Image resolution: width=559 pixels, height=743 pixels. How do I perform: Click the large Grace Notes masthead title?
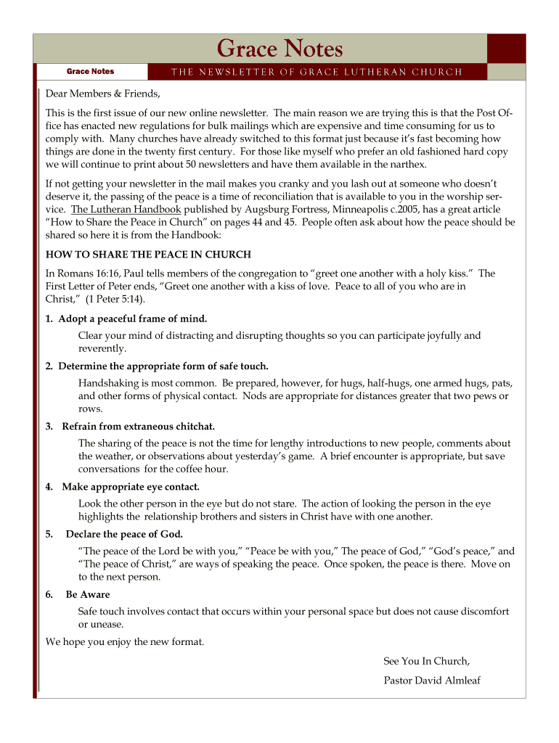(x=279, y=49)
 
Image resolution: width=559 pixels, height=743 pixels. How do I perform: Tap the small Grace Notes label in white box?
(x=90, y=72)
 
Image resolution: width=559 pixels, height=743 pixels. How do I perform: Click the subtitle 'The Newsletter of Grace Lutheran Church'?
(x=316, y=72)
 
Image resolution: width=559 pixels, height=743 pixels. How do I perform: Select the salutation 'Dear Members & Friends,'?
(x=102, y=94)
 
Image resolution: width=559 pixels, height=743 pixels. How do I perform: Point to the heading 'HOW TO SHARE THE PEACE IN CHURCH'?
(x=148, y=255)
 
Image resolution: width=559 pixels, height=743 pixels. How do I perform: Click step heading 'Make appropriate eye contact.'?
(x=130, y=486)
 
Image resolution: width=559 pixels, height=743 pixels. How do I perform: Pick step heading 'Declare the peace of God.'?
(x=124, y=534)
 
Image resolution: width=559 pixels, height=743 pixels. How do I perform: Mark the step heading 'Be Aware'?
(x=88, y=594)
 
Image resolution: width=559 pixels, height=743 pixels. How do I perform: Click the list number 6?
(x=49, y=594)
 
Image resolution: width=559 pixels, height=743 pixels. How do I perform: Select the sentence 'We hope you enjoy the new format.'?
(x=125, y=641)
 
